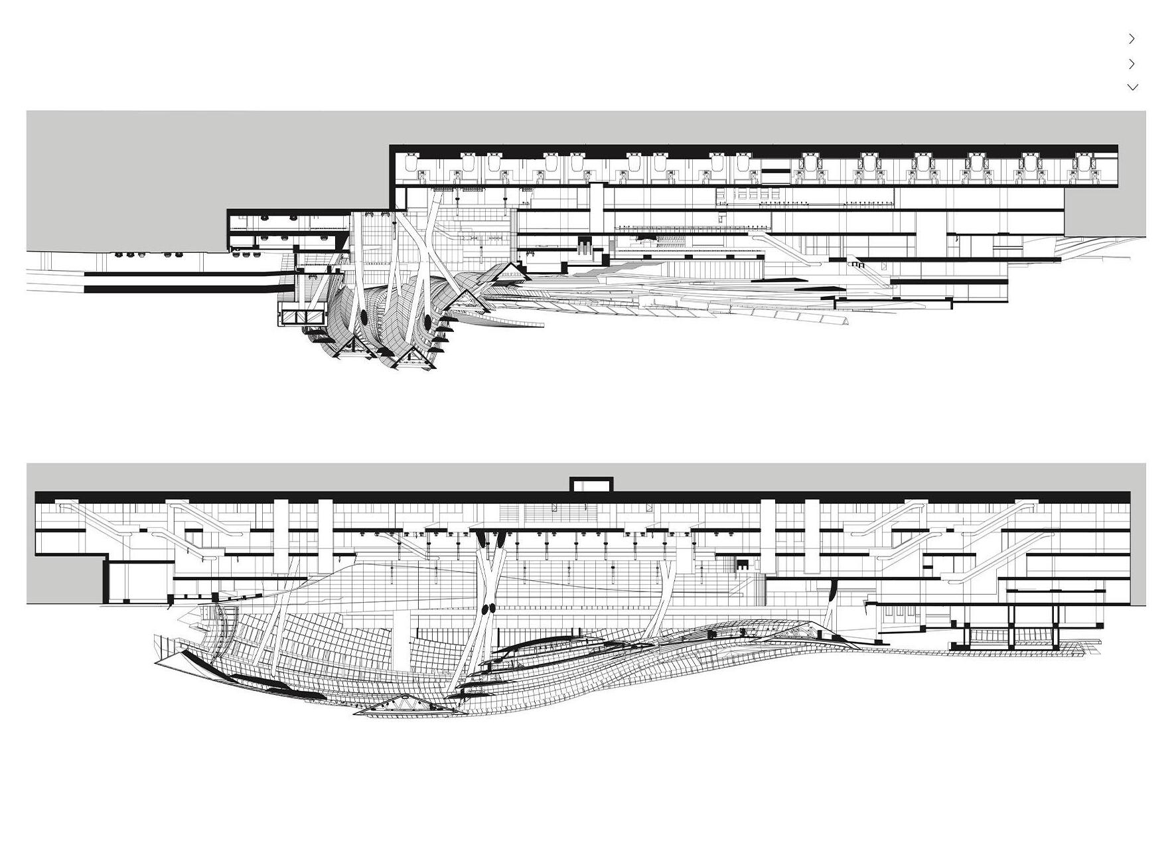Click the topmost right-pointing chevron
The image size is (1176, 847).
pos(1132,39)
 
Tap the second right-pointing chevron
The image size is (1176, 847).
pos(1132,64)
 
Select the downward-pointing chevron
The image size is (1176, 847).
pos(1132,87)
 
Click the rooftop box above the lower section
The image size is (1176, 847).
pos(591,485)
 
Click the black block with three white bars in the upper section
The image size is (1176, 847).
pos(584,245)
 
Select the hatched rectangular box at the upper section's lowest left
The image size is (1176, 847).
pos(302,317)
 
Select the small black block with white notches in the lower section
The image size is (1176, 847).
pos(742,565)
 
